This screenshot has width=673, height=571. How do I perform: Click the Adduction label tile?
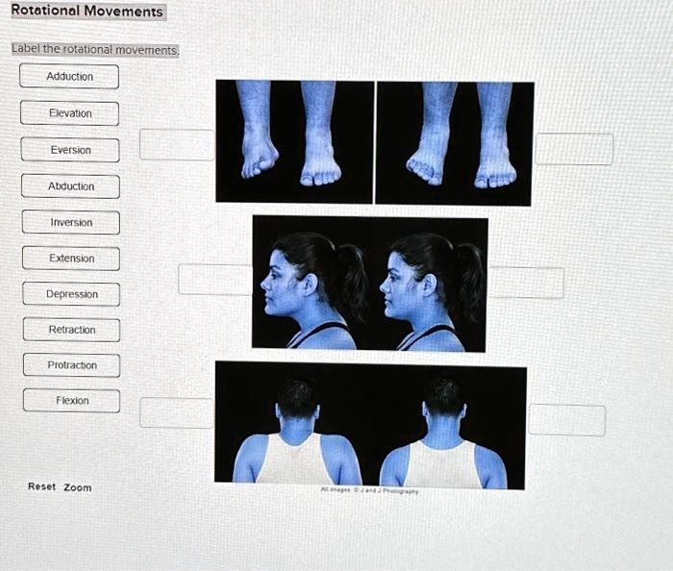pyautogui.click(x=69, y=77)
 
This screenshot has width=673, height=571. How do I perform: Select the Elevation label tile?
pyautogui.click(x=70, y=113)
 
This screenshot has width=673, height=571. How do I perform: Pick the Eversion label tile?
pyautogui.click(x=71, y=150)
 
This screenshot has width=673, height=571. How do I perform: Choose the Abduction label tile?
pyautogui.click(x=71, y=186)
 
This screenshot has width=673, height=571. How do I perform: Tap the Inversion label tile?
pyautogui.click(x=71, y=223)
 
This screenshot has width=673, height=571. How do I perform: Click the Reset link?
pyautogui.click(x=41, y=486)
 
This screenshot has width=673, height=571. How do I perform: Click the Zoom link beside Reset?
pyautogui.click(x=78, y=487)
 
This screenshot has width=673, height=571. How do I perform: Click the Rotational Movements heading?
pyautogui.click(x=87, y=12)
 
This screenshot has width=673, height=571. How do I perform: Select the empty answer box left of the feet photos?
pyautogui.click(x=177, y=144)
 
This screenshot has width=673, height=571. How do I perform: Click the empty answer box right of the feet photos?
pyautogui.click(x=574, y=149)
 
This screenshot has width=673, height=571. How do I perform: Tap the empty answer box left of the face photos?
pyautogui.click(x=214, y=279)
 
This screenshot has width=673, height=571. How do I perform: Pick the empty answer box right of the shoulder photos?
pyautogui.click(x=567, y=419)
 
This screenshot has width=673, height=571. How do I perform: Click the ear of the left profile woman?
pyautogui.click(x=310, y=285)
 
